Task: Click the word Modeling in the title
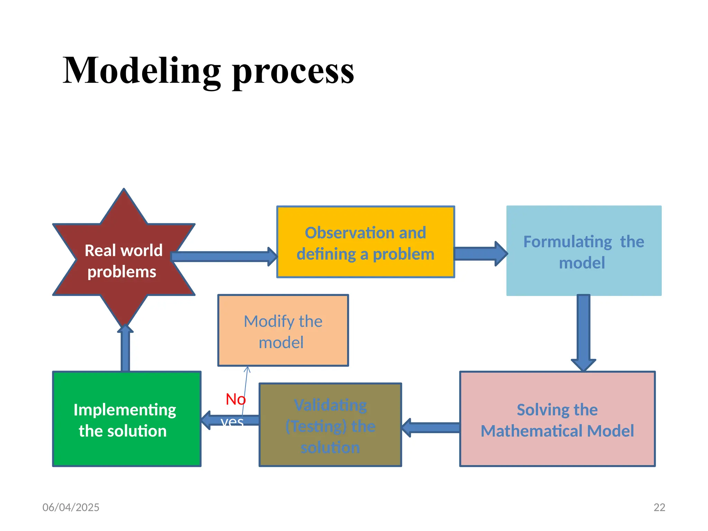click(x=142, y=71)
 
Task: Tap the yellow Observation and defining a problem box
click(x=365, y=242)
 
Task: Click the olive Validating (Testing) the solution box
click(x=330, y=425)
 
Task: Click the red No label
click(x=235, y=399)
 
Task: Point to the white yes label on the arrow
click(x=232, y=421)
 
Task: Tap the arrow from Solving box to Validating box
click(x=430, y=428)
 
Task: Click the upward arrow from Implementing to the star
click(x=125, y=349)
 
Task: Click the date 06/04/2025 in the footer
click(x=71, y=507)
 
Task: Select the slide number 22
click(x=659, y=507)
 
